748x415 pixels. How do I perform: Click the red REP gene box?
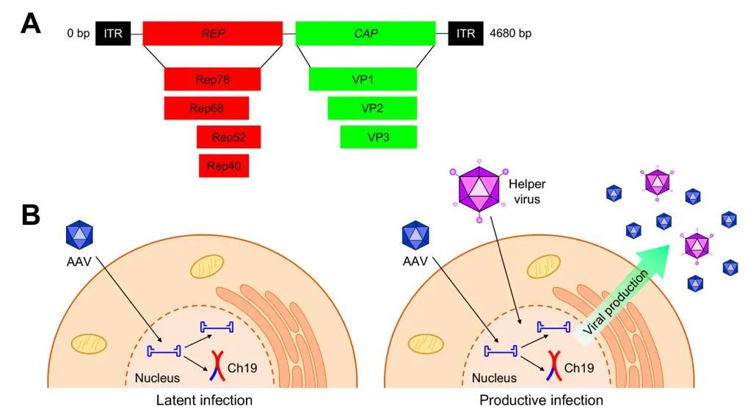coord(212,34)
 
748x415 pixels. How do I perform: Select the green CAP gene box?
coord(365,34)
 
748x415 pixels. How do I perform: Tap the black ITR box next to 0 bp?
coord(113,34)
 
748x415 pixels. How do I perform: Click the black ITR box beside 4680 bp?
coord(466,34)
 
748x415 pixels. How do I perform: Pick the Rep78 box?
coord(212,79)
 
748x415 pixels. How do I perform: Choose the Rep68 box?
coord(206,108)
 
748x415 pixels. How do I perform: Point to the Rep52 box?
coord(228,137)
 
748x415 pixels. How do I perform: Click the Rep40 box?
coord(224,165)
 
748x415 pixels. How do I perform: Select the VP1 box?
coord(363,79)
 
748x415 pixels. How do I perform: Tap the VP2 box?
coord(372,108)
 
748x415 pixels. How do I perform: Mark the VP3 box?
coord(378,137)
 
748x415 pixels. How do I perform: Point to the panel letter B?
coord(31,214)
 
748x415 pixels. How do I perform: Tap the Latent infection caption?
coord(205,400)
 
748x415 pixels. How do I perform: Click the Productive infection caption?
coord(541,400)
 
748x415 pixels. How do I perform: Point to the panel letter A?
coord(31,24)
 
